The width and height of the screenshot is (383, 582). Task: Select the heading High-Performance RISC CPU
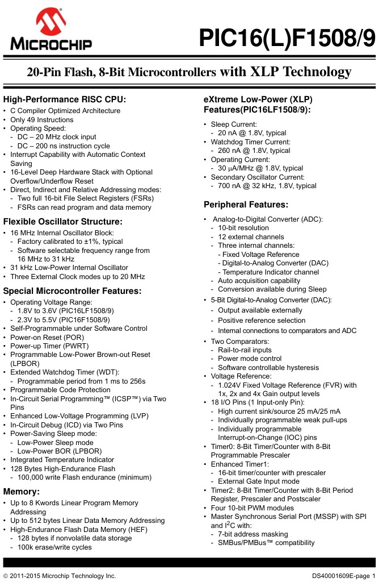tap(65, 99)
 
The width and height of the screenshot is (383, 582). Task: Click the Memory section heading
tap(22, 491)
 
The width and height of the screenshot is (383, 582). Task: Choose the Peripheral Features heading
tap(246, 204)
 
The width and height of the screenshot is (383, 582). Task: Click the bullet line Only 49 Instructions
tap(42, 120)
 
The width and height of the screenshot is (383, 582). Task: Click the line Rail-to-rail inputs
tap(245, 350)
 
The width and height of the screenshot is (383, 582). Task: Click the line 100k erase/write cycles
tap(54, 547)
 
